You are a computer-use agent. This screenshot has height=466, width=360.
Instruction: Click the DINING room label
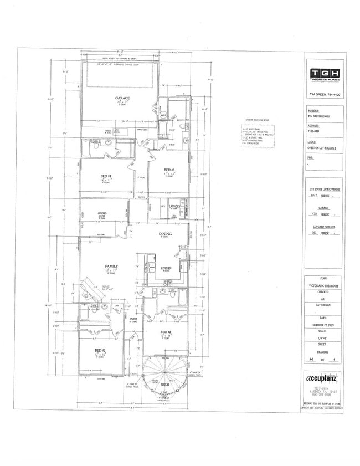[x=165, y=234]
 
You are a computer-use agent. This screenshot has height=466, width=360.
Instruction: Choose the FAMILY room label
[x=111, y=267]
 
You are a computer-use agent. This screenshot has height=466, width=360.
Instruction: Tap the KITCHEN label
[x=166, y=268]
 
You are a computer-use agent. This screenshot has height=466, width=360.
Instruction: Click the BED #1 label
[x=100, y=350]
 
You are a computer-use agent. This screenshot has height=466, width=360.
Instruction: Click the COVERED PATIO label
[x=102, y=214]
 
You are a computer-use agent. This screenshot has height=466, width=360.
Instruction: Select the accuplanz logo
[x=324, y=379]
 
